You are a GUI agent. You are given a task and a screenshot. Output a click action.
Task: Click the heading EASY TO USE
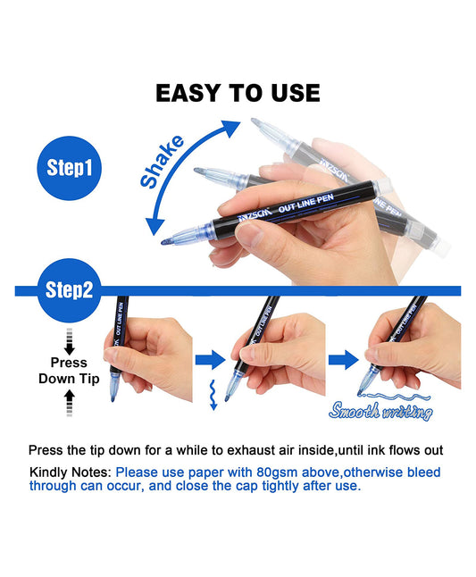[238, 92]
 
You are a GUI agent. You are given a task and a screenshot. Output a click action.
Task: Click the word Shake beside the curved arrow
[163, 161]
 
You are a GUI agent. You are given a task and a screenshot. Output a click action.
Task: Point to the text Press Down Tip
[63, 371]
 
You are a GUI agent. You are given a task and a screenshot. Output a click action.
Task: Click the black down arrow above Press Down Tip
[69, 341]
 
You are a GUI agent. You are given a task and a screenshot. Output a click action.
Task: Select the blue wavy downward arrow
[213, 392]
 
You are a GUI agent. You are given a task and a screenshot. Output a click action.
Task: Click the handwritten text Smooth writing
[380, 412]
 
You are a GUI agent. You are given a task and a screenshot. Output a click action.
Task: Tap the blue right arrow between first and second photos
[209, 360]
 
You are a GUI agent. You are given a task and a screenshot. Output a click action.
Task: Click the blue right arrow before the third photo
[342, 360]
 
